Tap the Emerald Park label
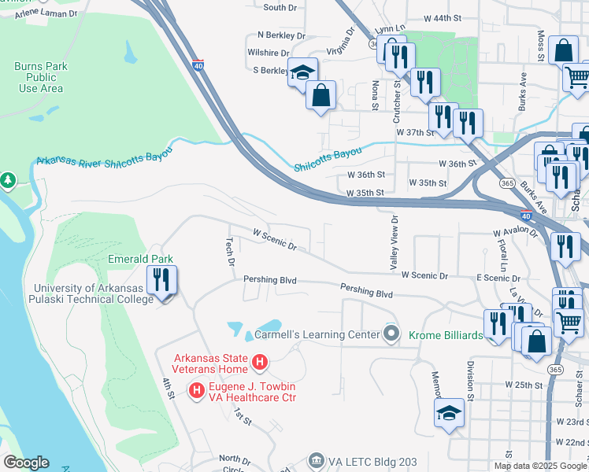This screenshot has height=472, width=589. click(140, 258)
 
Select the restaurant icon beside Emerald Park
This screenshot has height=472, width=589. click(161, 281)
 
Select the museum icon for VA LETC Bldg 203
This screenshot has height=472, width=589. click(316, 459)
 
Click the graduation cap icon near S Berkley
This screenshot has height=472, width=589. click(302, 73)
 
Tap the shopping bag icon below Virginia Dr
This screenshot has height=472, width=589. click(320, 95)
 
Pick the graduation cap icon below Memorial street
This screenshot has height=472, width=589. click(449, 412)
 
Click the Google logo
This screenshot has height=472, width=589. click(26, 463)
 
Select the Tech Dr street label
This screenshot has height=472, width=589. click(230, 252)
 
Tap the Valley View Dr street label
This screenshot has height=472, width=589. click(395, 244)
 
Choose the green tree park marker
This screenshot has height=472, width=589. click(8, 181)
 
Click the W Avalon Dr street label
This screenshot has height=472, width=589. click(515, 234)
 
